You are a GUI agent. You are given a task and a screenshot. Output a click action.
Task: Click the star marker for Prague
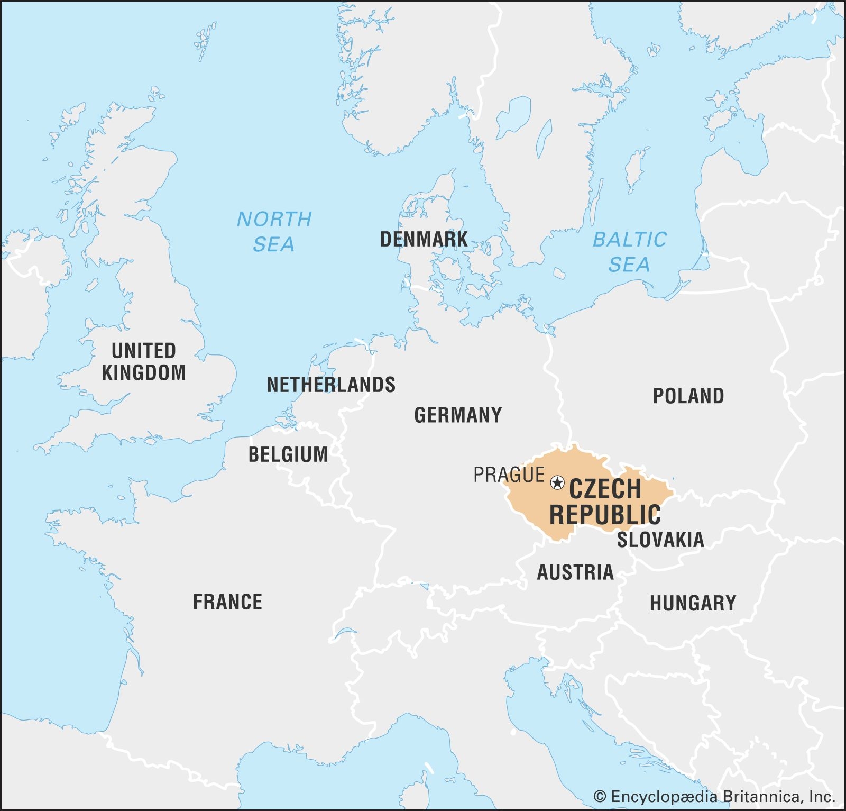tap(557, 482)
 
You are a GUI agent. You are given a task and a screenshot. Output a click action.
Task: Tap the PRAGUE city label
tap(509, 475)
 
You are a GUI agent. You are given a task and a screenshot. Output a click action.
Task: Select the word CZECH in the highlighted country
tap(605, 489)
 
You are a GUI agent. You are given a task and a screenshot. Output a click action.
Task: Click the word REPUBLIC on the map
tap(605, 515)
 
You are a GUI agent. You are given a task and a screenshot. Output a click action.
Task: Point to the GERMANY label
tap(458, 415)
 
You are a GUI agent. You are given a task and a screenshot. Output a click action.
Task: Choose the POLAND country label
tap(688, 396)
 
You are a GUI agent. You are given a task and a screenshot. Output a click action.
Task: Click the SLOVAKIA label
tap(660, 540)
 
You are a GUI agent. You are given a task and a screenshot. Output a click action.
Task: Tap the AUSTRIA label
tap(575, 572)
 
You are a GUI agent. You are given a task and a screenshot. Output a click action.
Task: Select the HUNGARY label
tap(693, 603)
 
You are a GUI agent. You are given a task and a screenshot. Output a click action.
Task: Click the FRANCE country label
tap(227, 602)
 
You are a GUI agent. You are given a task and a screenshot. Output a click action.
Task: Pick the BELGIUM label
tap(288, 455)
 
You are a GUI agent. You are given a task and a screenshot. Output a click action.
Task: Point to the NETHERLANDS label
tap(331, 385)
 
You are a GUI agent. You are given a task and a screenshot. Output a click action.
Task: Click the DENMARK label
tap(424, 240)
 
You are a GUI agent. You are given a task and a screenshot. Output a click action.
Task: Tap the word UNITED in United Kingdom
tap(143, 351)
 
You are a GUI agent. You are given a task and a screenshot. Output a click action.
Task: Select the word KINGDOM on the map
tap(143, 373)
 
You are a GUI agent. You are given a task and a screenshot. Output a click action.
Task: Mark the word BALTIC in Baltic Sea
tap(629, 240)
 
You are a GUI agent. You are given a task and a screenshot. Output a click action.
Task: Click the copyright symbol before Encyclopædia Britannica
tap(600, 797)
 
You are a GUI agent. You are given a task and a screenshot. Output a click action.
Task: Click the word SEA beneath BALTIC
tap(629, 265)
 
